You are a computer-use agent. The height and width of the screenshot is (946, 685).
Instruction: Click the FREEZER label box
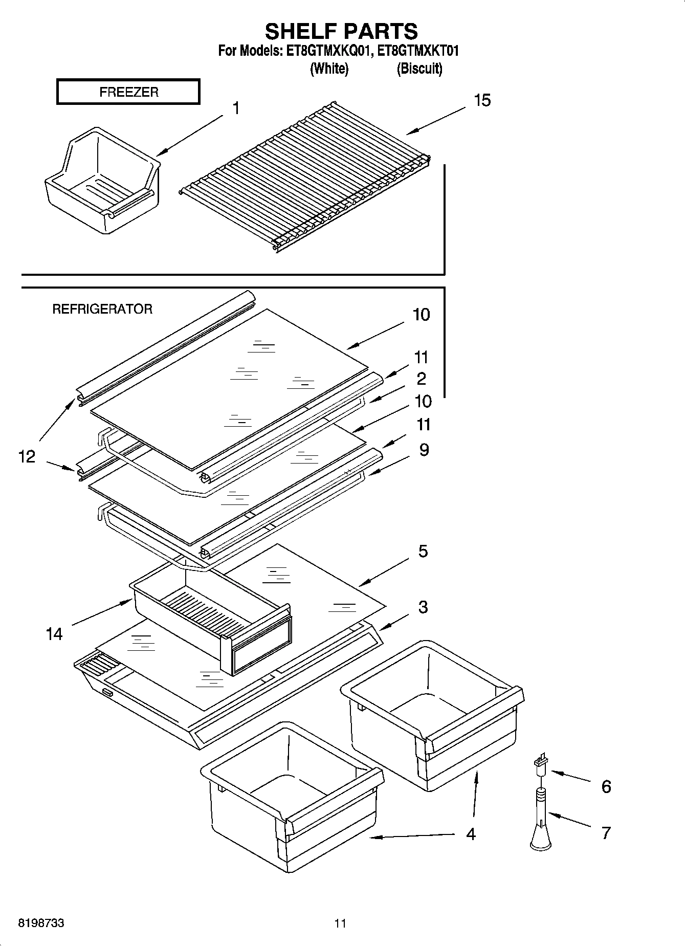pyautogui.click(x=128, y=92)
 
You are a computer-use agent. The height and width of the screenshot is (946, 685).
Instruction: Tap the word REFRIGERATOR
pyautogui.click(x=102, y=309)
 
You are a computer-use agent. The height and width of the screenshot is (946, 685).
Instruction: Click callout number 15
pyautogui.click(x=482, y=100)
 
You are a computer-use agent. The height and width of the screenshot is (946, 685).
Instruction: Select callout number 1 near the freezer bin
pyautogui.click(x=236, y=108)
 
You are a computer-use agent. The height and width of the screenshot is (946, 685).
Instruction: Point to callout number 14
pyautogui.click(x=54, y=634)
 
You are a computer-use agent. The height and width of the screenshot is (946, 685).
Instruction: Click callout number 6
pyautogui.click(x=606, y=786)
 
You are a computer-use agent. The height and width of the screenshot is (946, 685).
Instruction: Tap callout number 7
pyautogui.click(x=606, y=833)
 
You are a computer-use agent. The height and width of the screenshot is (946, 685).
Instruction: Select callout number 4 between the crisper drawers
pyautogui.click(x=471, y=834)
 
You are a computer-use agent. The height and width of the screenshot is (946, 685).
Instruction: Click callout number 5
pyautogui.click(x=423, y=552)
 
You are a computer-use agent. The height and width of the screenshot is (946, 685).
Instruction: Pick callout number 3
pyautogui.click(x=423, y=607)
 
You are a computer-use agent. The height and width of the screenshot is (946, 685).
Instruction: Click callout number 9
pyautogui.click(x=424, y=450)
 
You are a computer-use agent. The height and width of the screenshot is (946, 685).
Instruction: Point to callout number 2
pyautogui.click(x=421, y=379)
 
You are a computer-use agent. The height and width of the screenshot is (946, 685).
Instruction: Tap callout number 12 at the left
pyautogui.click(x=27, y=456)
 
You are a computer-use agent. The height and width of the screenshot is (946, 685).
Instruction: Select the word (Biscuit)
pyautogui.click(x=419, y=69)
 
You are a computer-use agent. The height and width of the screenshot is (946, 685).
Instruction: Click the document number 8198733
pyautogui.click(x=41, y=923)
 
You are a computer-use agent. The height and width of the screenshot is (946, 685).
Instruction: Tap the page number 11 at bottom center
pyautogui.click(x=340, y=923)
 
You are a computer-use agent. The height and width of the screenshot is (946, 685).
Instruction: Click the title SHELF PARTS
pyautogui.click(x=341, y=32)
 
